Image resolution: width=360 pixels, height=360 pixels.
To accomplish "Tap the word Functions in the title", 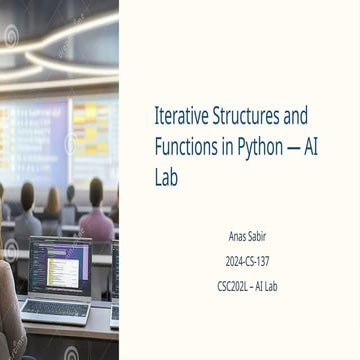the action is [x=185, y=147].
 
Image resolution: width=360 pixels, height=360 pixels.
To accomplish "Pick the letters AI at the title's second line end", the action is [x=311, y=147].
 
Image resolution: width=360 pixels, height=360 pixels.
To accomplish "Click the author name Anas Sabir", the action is [x=247, y=237].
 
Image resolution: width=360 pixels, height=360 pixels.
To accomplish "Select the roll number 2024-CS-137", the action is [x=247, y=262].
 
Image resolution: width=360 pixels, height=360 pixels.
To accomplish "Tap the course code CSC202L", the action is [x=232, y=287].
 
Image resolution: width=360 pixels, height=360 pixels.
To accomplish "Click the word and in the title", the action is [x=295, y=116].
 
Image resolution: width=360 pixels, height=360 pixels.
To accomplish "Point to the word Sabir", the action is [x=257, y=237].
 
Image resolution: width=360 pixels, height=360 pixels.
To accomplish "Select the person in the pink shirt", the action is [x=97, y=213].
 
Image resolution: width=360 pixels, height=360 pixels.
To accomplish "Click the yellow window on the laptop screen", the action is [x=63, y=273].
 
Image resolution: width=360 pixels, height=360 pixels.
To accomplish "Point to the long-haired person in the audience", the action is [x=53, y=207].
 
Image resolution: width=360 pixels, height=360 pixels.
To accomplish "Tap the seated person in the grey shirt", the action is [x=27, y=213].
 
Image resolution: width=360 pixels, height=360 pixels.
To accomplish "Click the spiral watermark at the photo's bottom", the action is [x=71, y=353].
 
